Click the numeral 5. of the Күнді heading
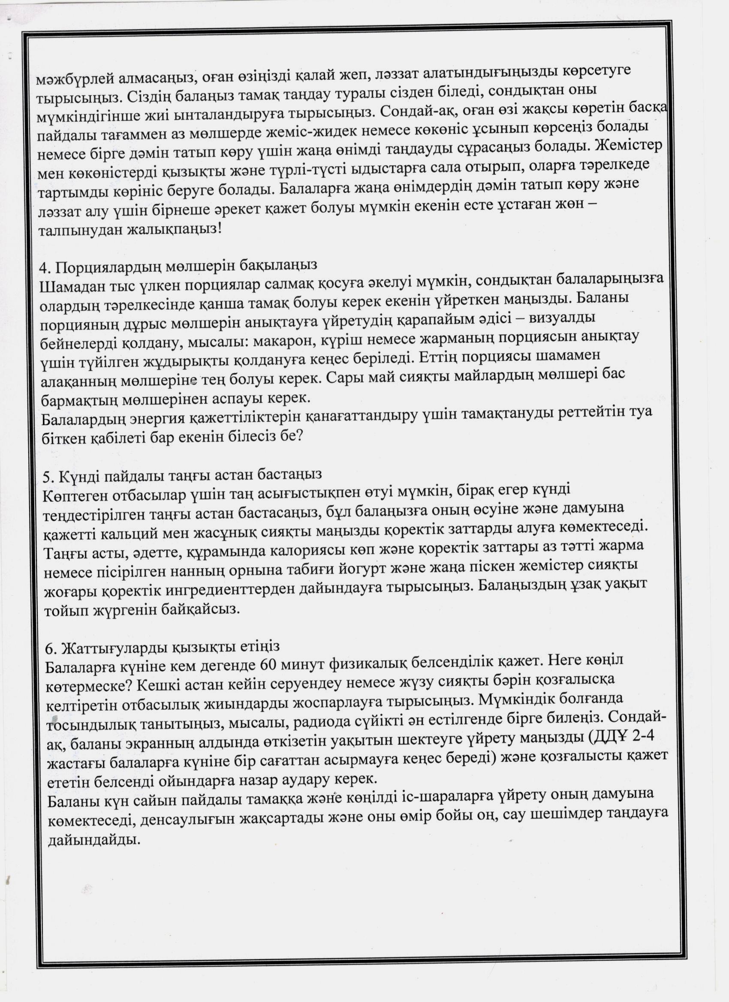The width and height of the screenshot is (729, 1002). click(48, 477)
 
